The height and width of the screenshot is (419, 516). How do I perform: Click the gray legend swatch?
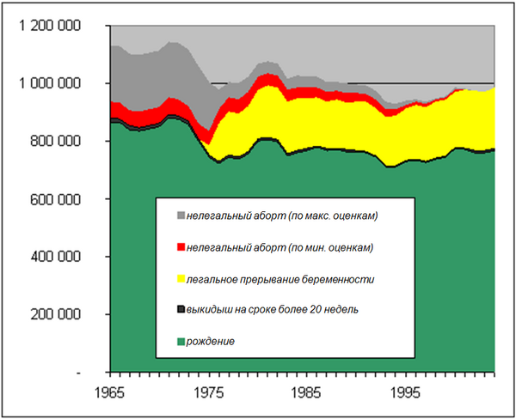[x=180, y=216]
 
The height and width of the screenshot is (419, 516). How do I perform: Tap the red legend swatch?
[x=180, y=247]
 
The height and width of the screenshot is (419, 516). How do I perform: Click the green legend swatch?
[x=180, y=342]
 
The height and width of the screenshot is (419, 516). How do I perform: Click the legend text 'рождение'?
[x=211, y=342]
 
